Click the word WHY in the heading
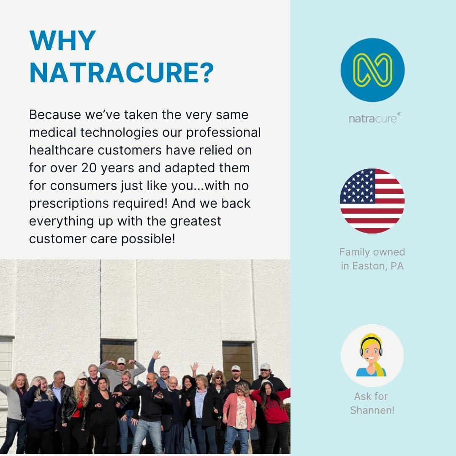pos(62,41)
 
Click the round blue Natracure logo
pos(372,70)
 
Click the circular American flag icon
pos(372,201)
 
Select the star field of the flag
pos(358,186)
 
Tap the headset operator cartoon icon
pos(372,356)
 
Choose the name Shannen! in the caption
pos(372,410)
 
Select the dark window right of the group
pos(238,358)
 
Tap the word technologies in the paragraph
pos(119,133)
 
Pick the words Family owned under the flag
pos(372,252)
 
